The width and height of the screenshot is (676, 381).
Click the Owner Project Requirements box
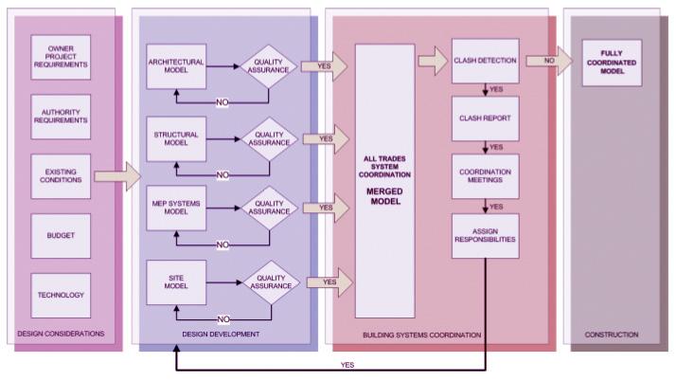[x=61, y=59]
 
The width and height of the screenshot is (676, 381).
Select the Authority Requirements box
[x=61, y=117]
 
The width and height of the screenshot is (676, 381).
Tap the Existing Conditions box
[x=61, y=175]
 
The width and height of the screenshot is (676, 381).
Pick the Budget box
[x=61, y=234]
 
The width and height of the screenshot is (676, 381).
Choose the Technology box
[x=61, y=295]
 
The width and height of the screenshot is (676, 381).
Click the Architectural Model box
[x=176, y=66]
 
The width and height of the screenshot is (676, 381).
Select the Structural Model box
[x=176, y=139]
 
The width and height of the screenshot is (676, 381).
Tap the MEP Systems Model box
[x=176, y=207]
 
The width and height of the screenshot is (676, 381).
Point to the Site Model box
[x=176, y=281]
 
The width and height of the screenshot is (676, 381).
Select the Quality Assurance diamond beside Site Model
[x=271, y=281]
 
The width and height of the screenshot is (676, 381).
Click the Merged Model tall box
[x=384, y=180]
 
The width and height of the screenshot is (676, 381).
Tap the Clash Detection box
[x=485, y=61]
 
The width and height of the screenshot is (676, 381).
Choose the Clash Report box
[x=485, y=119]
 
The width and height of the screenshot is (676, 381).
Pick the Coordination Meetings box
[x=485, y=177]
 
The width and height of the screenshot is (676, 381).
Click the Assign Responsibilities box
[x=485, y=235]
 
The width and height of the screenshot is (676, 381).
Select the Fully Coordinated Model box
[x=612, y=62]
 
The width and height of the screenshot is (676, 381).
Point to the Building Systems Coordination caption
[x=422, y=335]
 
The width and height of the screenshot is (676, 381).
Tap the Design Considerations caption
[x=61, y=335]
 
